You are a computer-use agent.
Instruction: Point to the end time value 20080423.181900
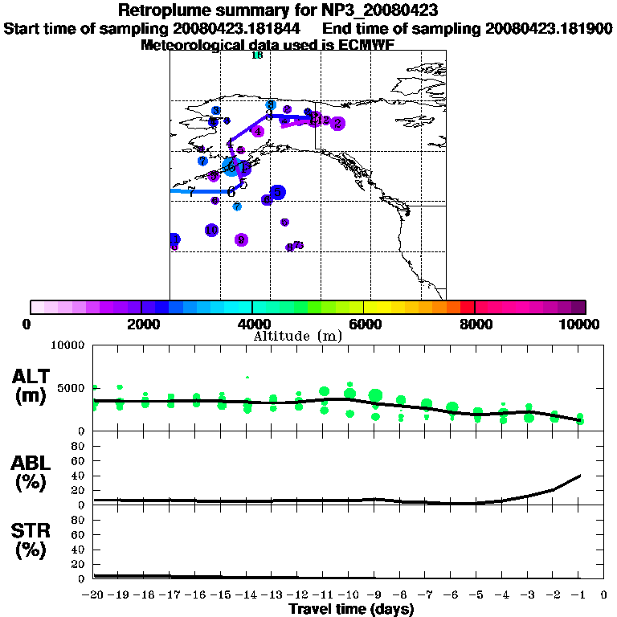pos(549,28)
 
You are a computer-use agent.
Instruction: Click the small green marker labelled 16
pos(257,55)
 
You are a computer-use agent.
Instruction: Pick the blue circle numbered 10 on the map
pos(211,231)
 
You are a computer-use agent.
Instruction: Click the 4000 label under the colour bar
pos(251,324)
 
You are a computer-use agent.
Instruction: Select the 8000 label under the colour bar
pos(474,324)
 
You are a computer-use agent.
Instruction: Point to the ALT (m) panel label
pos(31,385)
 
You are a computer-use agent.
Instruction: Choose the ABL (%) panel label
pos(31,472)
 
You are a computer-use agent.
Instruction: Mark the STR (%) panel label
pos(31,540)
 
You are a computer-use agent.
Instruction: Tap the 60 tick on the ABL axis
pos(80,460)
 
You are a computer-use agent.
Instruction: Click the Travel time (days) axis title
pos(351,609)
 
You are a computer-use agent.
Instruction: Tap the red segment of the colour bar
pos(467,307)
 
